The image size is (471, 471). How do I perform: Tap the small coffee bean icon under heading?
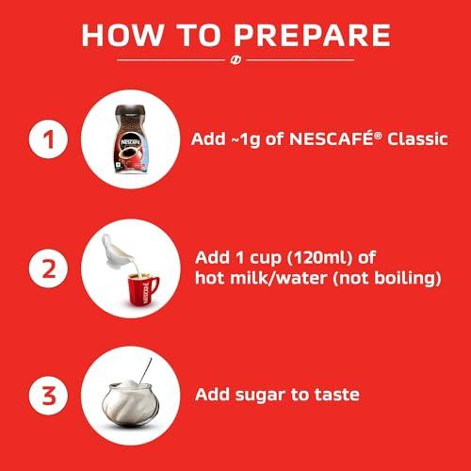click(x=235, y=63)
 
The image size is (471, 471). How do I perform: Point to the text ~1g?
click(x=246, y=140)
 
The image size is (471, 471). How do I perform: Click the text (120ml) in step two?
click(x=306, y=258)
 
